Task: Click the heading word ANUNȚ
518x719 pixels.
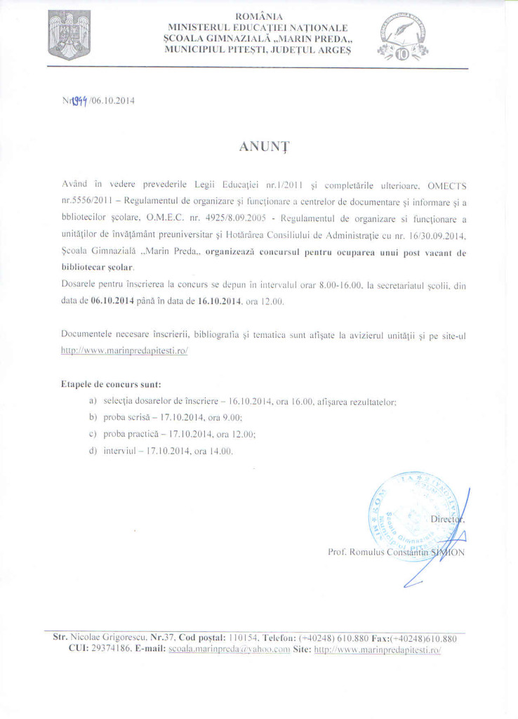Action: [259, 147]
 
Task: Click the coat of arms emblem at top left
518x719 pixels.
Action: [67, 36]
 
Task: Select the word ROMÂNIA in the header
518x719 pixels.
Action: [259, 15]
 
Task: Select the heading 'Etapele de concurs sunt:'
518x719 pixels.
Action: [111, 384]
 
